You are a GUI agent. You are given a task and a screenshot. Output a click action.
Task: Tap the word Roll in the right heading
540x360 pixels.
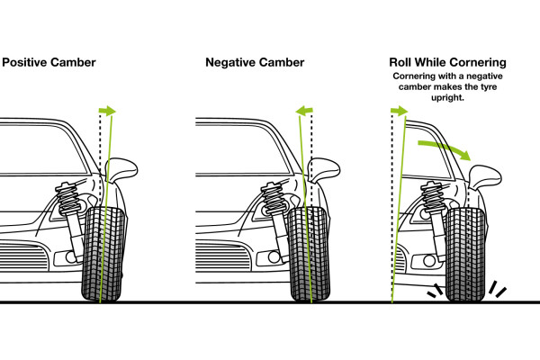point(402,64)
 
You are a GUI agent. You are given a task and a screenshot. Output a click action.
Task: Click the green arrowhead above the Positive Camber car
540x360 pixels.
point(110,111)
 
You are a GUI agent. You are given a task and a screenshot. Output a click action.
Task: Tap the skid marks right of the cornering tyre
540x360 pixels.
point(497,290)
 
